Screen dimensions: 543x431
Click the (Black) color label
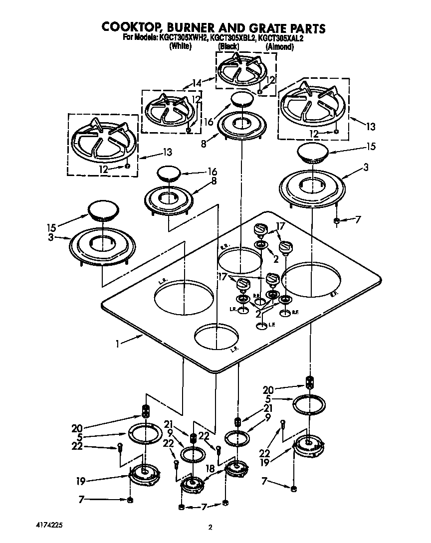click(229, 46)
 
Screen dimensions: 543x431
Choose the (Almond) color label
click(279, 46)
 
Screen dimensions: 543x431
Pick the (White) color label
click(181, 46)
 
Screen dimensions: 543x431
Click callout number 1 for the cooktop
click(117, 343)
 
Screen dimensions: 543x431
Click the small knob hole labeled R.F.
click(285, 313)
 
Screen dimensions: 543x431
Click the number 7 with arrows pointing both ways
click(204, 508)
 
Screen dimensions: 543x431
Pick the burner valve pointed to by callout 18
click(235, 469)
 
